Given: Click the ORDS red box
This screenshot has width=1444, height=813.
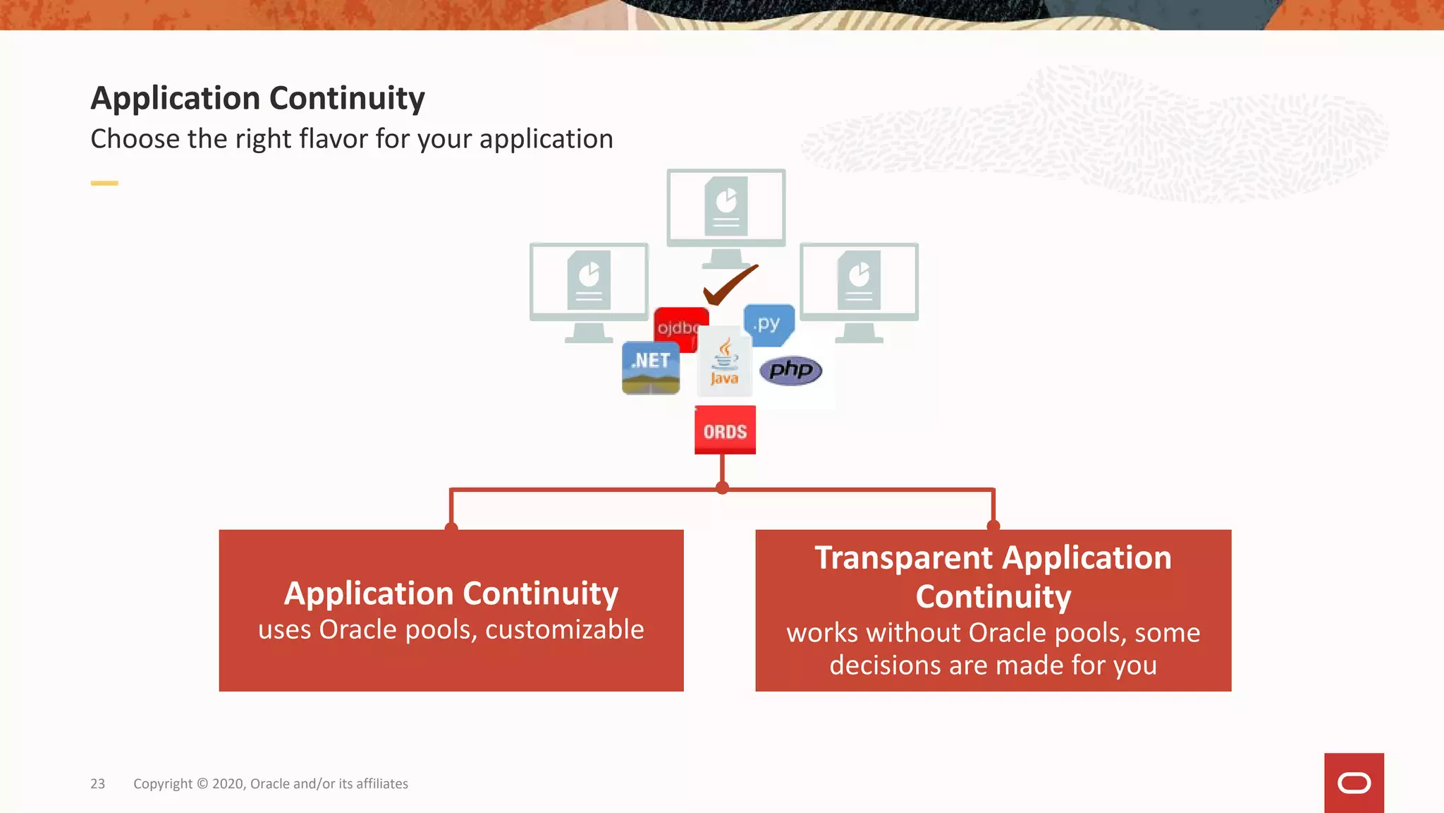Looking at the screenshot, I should (725, 430).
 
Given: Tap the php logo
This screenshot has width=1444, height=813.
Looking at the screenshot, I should (790, 370).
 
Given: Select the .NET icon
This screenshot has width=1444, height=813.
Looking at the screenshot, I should (650, 368).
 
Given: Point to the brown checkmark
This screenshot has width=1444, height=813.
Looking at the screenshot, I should (730, 285).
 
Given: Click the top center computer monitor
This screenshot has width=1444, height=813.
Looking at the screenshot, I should (726, 208).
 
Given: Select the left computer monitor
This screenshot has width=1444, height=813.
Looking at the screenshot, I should (589, 282).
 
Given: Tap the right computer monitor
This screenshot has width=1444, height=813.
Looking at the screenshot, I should (859, 282).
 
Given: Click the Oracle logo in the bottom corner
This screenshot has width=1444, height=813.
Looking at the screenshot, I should (1354, 783).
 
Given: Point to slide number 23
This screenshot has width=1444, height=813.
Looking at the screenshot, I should (97, 783).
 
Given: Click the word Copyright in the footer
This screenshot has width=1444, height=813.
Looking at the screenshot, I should (163, 783).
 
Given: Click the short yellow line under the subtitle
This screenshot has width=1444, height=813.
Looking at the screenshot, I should (104, 183).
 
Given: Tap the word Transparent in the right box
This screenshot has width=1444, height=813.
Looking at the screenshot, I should (904, 558).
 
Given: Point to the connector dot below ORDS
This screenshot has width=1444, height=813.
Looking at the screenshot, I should (722, 488).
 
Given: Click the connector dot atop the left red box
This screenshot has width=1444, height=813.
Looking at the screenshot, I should (451, 527).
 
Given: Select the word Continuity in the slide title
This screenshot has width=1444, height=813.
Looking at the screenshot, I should (347, 98).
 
